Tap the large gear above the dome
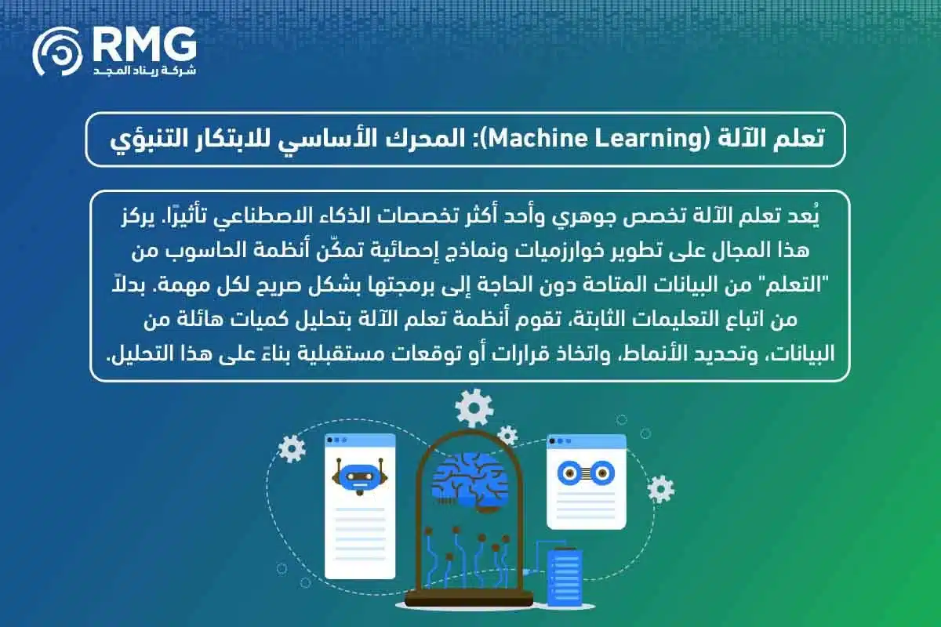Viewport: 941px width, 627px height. coord(474,408)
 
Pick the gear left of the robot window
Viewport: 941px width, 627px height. coord(292,448)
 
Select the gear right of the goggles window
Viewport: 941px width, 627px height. coord(661,488)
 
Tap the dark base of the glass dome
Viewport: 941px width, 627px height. coord(469,604)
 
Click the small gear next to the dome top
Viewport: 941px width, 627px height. coord(508,435)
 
